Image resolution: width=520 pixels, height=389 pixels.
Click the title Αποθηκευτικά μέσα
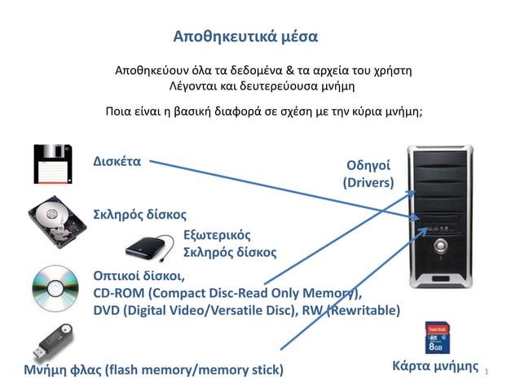click(x=246, y=37)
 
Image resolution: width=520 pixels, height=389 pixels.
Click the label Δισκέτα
click(x=117, y=161)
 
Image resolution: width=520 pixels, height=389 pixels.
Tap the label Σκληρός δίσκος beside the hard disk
click(x=140, y=216)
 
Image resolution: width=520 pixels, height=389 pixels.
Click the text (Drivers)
click(x=368, y=182)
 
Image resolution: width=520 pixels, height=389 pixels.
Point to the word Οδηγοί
click(x=368, y=164)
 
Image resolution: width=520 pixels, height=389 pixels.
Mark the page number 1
click(x=487, y=372)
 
